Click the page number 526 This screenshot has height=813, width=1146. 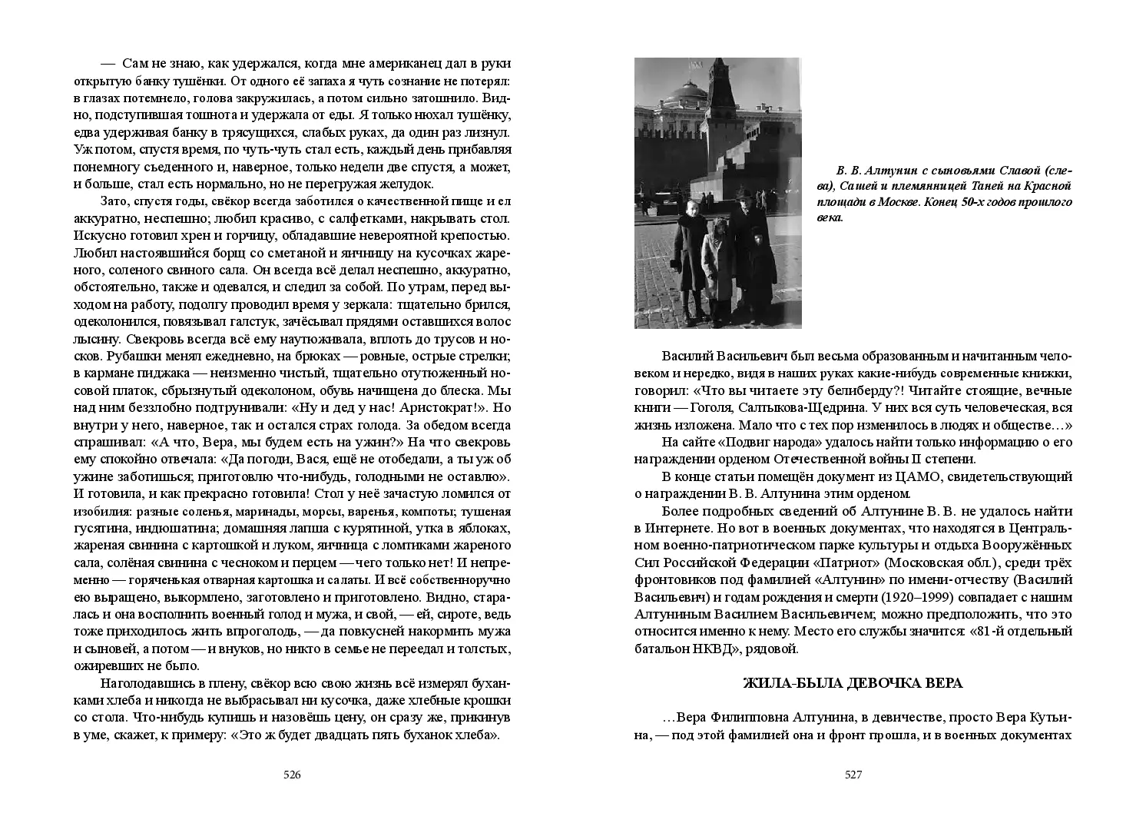coord(292,775)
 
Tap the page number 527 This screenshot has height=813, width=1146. coord(853,775)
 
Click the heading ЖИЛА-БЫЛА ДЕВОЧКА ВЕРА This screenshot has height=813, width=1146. coord(853,684)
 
